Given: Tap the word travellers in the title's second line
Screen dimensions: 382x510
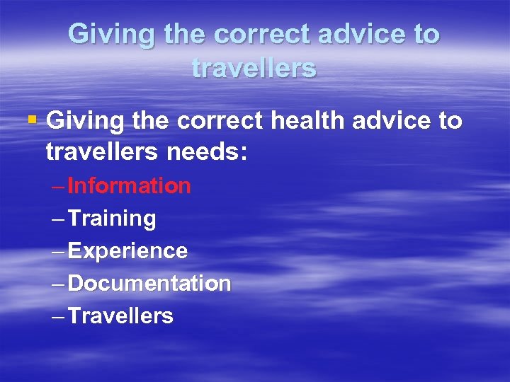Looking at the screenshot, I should (254, 68).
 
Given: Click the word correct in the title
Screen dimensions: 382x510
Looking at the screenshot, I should (266, 35).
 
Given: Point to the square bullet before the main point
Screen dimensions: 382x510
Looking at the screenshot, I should (30, 120).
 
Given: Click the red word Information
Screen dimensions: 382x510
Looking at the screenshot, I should (130, 186).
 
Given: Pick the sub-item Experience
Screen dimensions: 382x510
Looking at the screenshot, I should (128, 251).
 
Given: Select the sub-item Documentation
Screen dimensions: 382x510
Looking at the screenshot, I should (149, 284).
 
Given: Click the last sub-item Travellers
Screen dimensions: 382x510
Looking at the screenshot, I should (121, 316).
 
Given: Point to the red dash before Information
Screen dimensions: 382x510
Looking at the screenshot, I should (59, 187).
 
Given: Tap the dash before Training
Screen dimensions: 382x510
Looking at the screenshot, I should (59, 219).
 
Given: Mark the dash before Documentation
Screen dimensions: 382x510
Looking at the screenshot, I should (59, 284).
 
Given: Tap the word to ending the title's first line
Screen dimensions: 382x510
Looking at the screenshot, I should (425, 35).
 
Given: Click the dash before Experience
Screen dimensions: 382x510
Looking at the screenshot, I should (59, 252).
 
